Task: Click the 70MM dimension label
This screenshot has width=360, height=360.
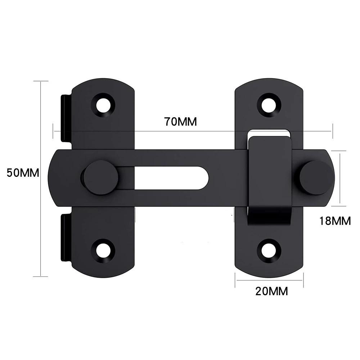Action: (x=181, y=122)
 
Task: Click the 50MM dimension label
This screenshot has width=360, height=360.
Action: (x=23, y=172)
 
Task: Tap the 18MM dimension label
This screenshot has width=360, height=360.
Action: (x=335, y=221)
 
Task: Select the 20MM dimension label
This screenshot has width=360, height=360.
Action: (x=271, y=291)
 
